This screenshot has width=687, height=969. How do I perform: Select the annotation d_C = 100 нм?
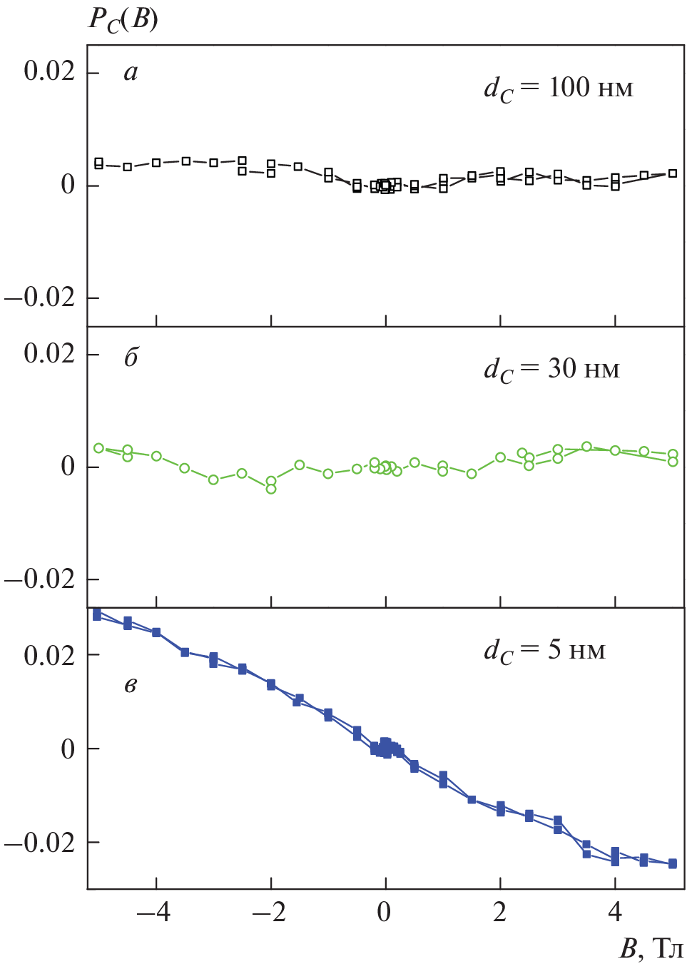pyautogui.click(x=558, y=88)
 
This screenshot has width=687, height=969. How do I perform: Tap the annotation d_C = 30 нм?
pyautogui.click(x=551, y=370)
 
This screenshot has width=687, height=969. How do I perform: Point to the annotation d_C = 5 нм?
pyautogui.click(x=544, y=651)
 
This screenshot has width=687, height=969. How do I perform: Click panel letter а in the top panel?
pyautogui.click(x=131, y=73)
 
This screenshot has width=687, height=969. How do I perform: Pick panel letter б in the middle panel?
pyautogui.click(x=131, y=357)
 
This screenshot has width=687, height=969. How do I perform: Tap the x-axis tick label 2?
pyautogui.click(x=500, y=913)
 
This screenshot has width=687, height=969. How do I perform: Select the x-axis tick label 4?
pyautogui.click(x=615, y=913)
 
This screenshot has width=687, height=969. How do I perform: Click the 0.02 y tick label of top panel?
pyautogui.click(x=49, y=71)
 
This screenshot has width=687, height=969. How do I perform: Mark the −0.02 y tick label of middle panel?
pyautogui.click(x=40, y=579)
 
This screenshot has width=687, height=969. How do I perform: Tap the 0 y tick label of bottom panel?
pyautogui.click(x=68, y=749)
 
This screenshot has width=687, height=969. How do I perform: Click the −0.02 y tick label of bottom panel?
pyautogui.click(x=40, y=843)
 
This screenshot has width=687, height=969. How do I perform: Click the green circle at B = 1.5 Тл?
pyautogui.click(x=472, y=474)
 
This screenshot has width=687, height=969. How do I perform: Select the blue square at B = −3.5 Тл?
pyautogui.click(x=185, y=652)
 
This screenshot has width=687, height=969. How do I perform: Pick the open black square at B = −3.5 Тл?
pyautogui.click(x=185, y=161)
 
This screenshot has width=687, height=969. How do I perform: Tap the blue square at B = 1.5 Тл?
pyautogui.click(x=472, y=799)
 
